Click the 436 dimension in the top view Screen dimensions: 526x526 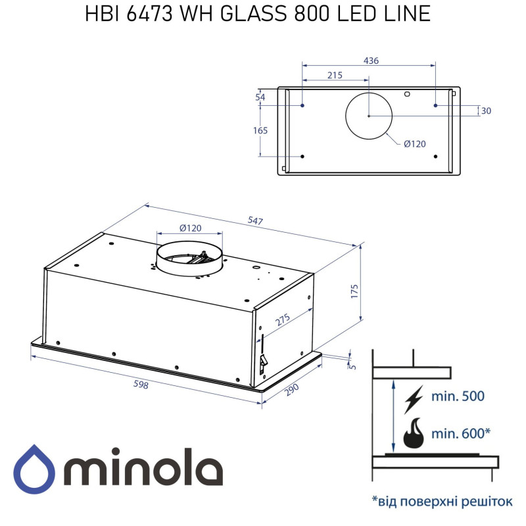pyautogui.click(x=371, y=60)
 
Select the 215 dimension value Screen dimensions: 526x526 pyautogui.click(x=335, y=75)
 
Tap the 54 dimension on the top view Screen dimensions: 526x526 pyautogui.click(x=260, y=97)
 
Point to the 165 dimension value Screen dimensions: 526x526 pyautogui.click(x=260, y=130)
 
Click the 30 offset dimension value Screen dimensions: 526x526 pyautogui.click(x=486, y=110)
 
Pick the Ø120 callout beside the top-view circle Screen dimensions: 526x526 pyautogui.click(x=414, y=144)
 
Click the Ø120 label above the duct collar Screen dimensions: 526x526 pyautogui.click(x=191, y=228)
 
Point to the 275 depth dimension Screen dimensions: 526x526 pyautogui.click(x=282, y=320)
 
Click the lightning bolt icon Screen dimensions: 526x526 pyautogui.click(x=414, y=398)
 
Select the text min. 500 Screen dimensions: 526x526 pyautogui.click(x=458, y=396)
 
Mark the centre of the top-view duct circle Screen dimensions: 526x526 pyautogui.click(x=369, y=116)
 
